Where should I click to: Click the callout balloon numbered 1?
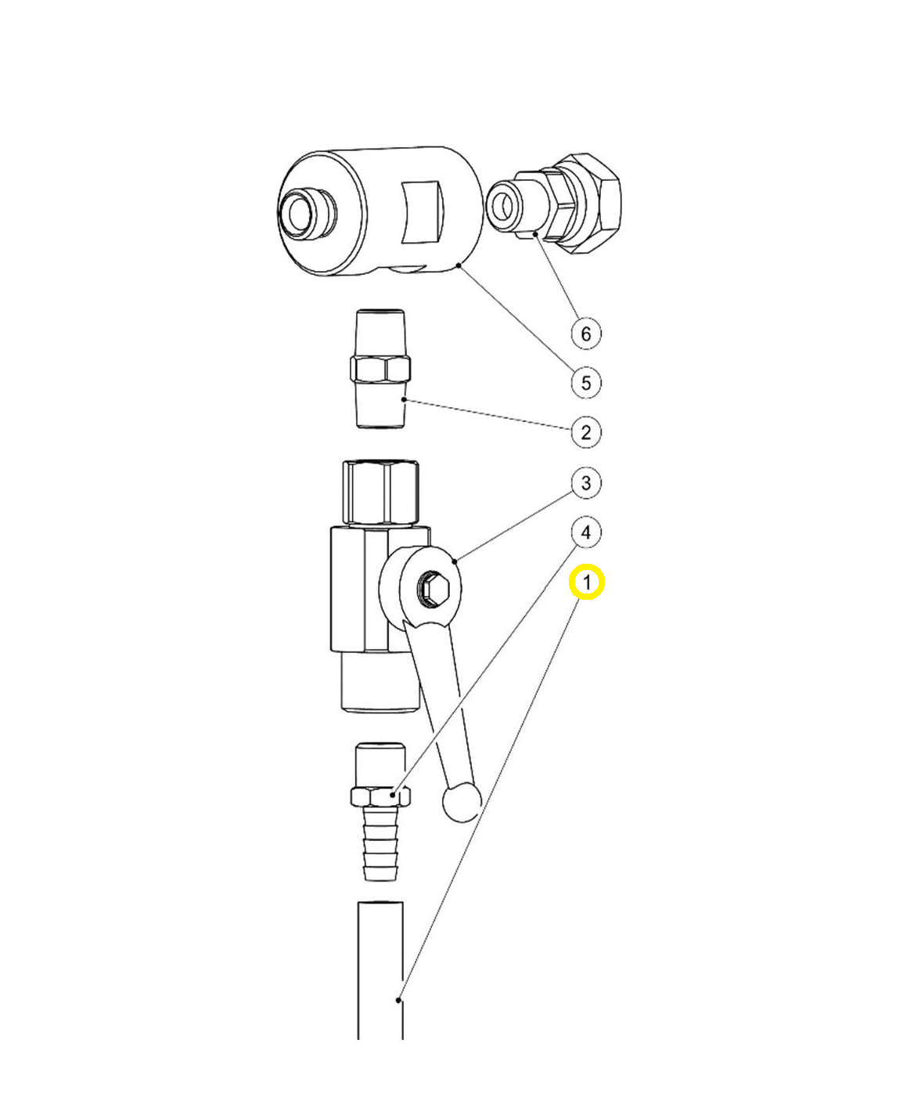586,582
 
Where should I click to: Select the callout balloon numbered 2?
586,432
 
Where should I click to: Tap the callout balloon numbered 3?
586,483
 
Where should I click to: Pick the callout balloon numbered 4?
586,532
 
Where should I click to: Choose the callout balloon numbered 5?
586,383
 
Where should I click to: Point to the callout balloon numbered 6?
586,334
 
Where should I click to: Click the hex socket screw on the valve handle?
434,589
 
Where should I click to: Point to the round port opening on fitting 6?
502,204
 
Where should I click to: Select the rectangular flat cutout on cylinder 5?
422,212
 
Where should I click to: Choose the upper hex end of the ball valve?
381,493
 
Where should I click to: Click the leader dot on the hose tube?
398,1000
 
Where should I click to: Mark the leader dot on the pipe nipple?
404,399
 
